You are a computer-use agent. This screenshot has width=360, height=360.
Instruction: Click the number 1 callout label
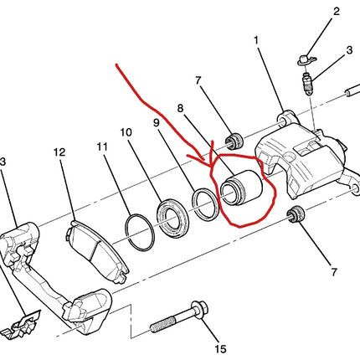[x=257, y=40]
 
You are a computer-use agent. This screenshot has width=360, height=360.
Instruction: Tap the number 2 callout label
[x=336, y=12]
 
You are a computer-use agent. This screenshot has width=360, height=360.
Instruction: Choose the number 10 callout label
[x=126, y=132]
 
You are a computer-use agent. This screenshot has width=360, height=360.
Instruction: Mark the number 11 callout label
[x=101, y=147]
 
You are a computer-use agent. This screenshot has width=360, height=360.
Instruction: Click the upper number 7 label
[x=198, y=80]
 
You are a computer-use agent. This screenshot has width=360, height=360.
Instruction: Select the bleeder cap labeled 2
[x=306, y=57]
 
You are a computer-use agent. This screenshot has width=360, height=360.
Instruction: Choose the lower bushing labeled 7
[x=294, y=216]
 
